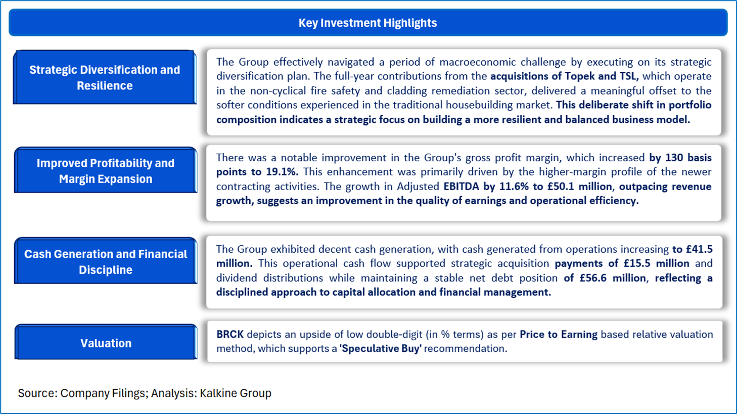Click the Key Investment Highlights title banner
tap(368, 22)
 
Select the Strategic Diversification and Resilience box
tap(105, 77)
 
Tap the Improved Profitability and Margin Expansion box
tap(105, 170)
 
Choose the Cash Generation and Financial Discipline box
tap(105, 261)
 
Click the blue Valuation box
tap(106, 343)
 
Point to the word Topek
tap(580, 76)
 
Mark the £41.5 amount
tap(699, 249)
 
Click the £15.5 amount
tap(638, 263)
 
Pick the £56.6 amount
tap(593, 278)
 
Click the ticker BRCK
tap(229, 334)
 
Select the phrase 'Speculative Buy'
tap(381, 348)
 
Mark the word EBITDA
tap(462, 186)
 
